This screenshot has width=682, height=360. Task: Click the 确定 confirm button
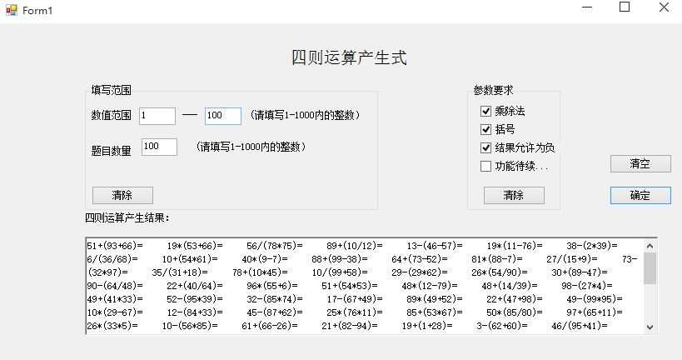[x=640, y=196]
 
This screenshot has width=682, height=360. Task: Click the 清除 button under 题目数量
[x=122, y=196]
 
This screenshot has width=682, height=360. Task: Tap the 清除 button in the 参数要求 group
[x=514, y=196]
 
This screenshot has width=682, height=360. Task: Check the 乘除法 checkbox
[x=485, y=112]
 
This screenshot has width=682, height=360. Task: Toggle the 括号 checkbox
[x=485, y=130]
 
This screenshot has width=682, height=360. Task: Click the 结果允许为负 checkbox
[x=485, y=148]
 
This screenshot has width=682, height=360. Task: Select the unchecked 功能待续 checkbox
[x=485, y=167]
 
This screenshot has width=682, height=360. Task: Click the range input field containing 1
[x=157, y=116]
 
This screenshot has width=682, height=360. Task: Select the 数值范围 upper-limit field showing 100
[x=223, y=116]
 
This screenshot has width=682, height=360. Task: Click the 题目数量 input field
[x=159, y=147]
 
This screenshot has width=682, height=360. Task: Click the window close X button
[x=664, y=7]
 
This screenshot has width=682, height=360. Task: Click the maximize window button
[x=625, y=7]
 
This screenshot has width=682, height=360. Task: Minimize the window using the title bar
[x=587, y=7]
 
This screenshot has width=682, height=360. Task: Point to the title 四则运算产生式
[x=349, y=57]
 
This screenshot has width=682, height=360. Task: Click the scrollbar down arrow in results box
[x=650, y=327]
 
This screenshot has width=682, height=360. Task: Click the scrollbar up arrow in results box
[x=650, y=246]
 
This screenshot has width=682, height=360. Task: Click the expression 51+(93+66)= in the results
[x=115, y=246]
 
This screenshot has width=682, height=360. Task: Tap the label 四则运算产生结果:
[x=127, y=217]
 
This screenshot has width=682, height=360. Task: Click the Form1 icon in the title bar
[x=12, y=9]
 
